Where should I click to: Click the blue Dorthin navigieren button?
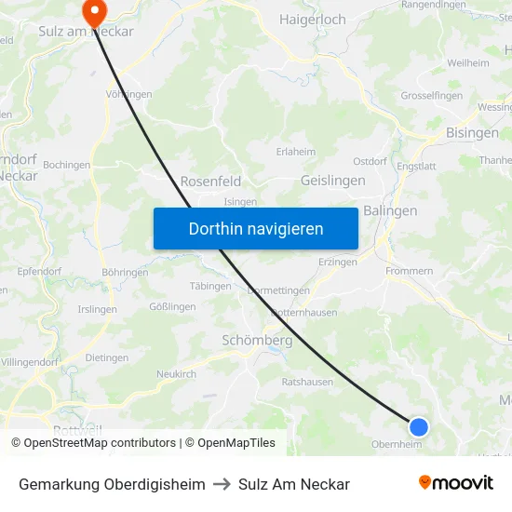pyautogui.click(x=256, y=228)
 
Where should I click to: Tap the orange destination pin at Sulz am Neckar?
pyautogui.click(x=94, y=10)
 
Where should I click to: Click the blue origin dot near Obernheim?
pyautogui.click(x=419, y=426)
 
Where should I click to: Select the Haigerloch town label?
pyautogui.click(x=313, y=20)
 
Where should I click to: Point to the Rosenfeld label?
pyautogui.click(x=210, y=182)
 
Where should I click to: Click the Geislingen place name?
pyautogui.click(x=333, y=182)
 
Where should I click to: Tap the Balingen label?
pyautogui.click(x=390, y=210)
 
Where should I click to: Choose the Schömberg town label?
pyautogui.click(x=257, y=341)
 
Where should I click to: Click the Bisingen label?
pyautogui.click(x=472, y=133)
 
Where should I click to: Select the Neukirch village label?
pyautogui.click(x=176, y=373)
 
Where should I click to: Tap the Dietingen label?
pyautogui.click(x=106, y=357)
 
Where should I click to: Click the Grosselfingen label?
pyautogui.click(x=432, y=96)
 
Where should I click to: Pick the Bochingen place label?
pyautogui.click(x=67, y=165)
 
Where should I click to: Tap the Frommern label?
pyautogui.click(x=409, y=271)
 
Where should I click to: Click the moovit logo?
pyautogui.click(x=456, y=482)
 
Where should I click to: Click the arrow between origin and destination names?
pyautogui.click(x=222, y=484)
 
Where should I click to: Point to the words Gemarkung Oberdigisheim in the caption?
pyautogui.click(x=112, y=484)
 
